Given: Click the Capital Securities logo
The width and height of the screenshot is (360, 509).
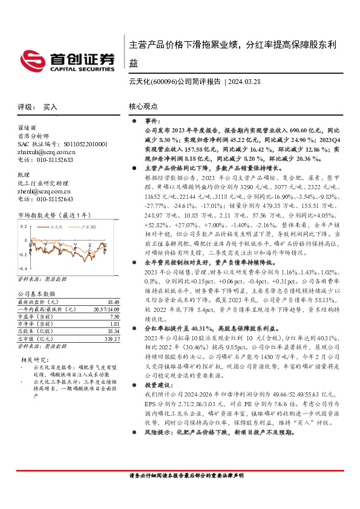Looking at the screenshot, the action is pyautogui.click(x=67, y=59).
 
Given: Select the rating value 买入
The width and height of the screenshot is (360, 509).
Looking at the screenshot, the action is pyautogui.click(x=50, y=106).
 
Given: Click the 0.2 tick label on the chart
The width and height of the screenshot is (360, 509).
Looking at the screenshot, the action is pyautogui.click(x=23, y=227).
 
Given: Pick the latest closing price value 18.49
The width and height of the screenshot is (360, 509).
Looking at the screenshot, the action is pyautogui.click(x=113, y=302).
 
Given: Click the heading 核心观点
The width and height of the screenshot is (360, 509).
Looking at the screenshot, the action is pyautogui.click(x=143, y=106).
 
